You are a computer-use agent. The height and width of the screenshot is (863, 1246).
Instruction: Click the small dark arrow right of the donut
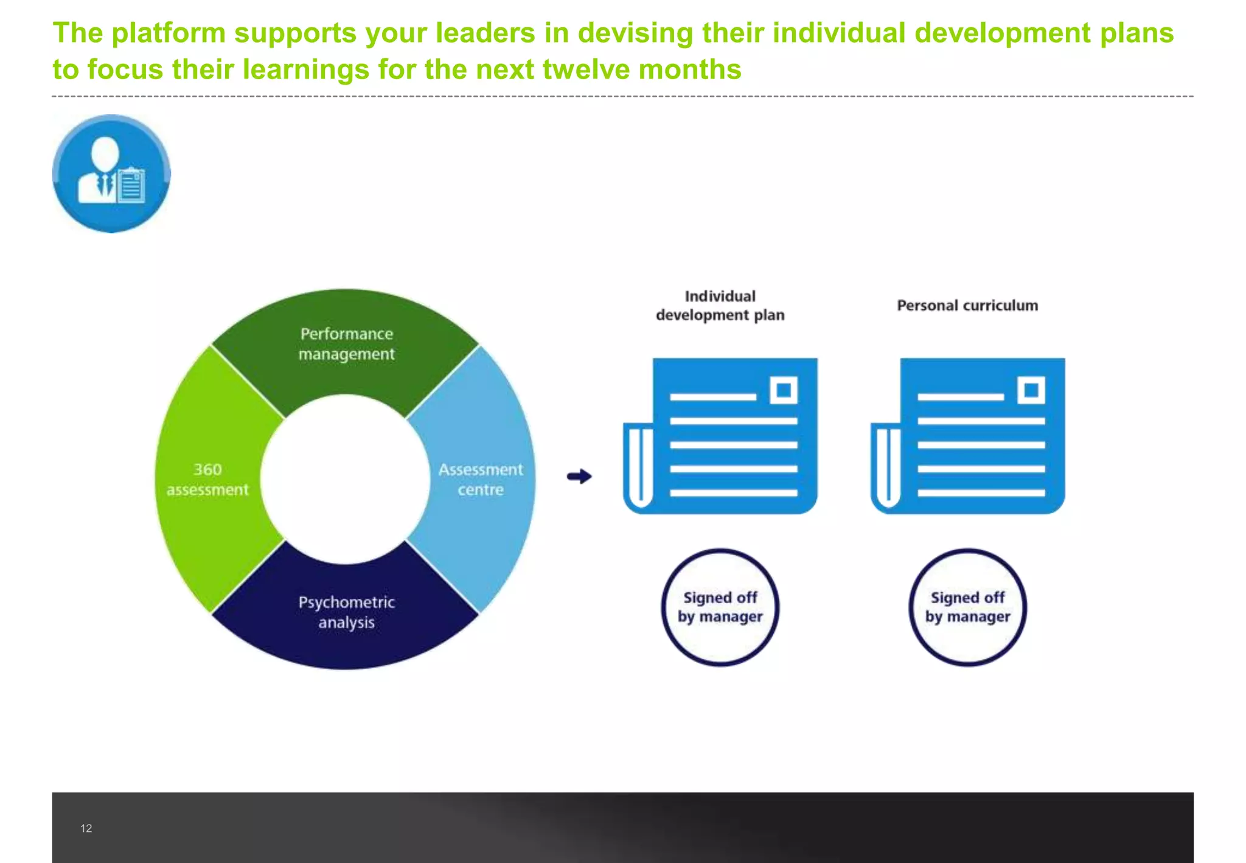click(x=579, y=476)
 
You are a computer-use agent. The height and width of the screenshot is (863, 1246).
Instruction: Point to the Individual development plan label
click(x=720, y=306)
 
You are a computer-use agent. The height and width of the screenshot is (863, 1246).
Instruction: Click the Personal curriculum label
click(x=967, y=306)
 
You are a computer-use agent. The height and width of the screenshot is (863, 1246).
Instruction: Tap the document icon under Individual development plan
click(x=721, y=436)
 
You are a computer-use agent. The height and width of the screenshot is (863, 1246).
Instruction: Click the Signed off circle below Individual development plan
click(x=720, y=607)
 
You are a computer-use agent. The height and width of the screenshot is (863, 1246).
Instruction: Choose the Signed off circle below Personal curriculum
click(x=967, y=607)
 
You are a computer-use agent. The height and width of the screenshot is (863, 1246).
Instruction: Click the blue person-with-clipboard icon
click(x=111, y=174)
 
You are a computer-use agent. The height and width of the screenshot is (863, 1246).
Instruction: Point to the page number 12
click(x=86, y=828)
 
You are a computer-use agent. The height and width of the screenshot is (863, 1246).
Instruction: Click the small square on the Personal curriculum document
click(x=1031, y=390)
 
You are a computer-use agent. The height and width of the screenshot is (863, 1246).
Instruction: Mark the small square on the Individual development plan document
click(x=784, y=390)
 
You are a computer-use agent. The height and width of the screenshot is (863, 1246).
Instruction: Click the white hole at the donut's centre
click(x=346, y=480)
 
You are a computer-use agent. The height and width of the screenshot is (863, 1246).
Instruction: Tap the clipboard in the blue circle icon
click(x=131, y=185)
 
